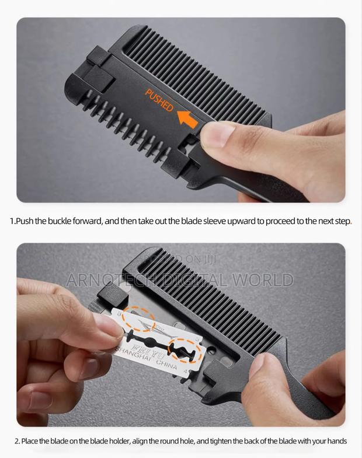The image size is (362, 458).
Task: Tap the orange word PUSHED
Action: pos(159,100)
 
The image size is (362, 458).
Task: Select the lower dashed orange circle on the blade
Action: pos(185,351)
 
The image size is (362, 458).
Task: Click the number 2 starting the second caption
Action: pos(17,441)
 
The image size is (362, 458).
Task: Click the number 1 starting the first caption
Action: pos(12,221)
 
